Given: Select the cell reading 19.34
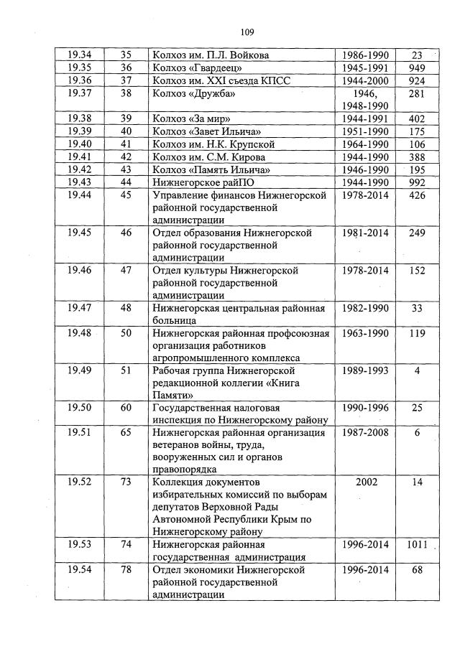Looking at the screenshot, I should pos(79,55).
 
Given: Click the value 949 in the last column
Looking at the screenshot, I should pos(417,67).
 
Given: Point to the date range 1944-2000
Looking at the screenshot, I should pos(365,80).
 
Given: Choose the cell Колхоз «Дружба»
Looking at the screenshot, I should pos(194,93).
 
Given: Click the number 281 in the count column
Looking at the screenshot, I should pos(417,93).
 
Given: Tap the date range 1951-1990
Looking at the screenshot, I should pos(365,131).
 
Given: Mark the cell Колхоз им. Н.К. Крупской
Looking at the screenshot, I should pos(213,144).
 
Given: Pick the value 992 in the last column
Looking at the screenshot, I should pos(417,182).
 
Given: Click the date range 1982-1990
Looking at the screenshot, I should pos(365,308).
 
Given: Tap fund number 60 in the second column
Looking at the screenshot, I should pos(126,408).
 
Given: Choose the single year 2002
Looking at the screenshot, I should pos(365,482).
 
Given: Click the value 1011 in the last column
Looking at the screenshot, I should pos(417,544).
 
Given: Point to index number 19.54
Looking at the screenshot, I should pos(79,569).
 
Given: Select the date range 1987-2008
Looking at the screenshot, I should pos(365,433).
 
